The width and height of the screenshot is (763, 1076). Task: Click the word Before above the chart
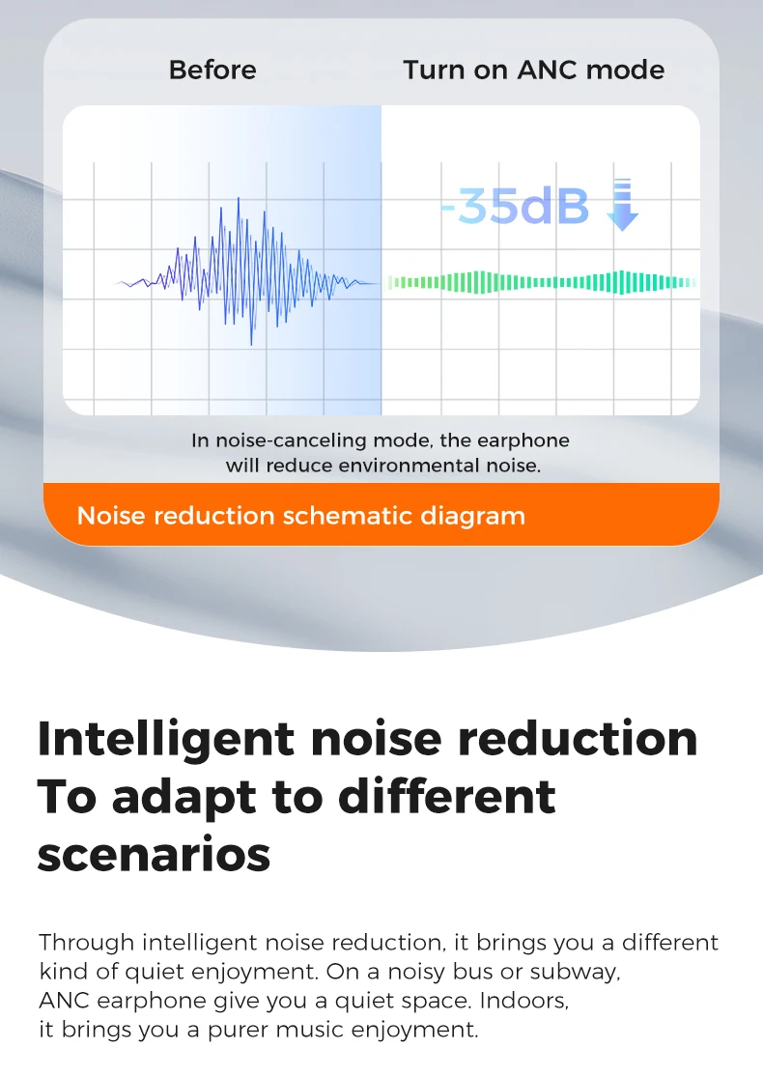click(x=212, y=70)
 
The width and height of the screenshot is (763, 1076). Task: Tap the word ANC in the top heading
click(x=548, y=70)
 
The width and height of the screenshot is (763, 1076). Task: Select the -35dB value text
click(x=515, y=206)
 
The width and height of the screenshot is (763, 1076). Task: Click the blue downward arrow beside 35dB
click(x=622, y=205)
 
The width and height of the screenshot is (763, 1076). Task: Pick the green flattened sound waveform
click(x=542, y=282)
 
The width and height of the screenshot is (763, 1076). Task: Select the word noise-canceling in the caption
click(x=291, y=440)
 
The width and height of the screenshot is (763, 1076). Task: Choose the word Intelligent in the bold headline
click(x=166, y=740)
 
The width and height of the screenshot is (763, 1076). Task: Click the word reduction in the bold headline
click(x=577, y=738)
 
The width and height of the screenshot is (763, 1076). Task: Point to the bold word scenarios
click(x=154, y=856)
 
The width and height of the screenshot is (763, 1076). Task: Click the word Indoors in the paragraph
click(x=524, y=1001)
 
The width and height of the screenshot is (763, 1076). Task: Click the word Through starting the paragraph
click(x=87, y=943)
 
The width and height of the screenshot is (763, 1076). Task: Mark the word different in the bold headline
click(x=447, y=798)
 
